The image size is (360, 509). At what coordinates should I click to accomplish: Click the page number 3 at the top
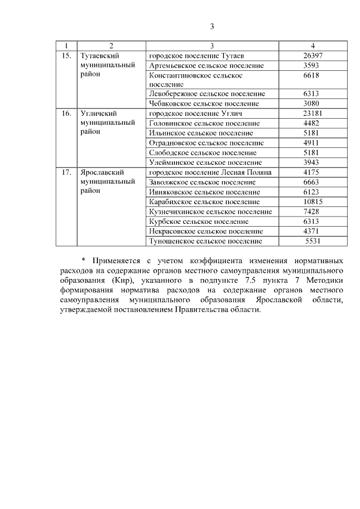pyautogui.click(x=211, y=26)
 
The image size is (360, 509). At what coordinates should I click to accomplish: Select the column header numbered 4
pyautogui.click(x=312, y=46)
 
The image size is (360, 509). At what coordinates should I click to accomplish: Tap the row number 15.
pyautogui.click(x=66, y=56)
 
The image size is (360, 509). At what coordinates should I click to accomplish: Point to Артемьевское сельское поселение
pyautogui.click(x=206, y=65)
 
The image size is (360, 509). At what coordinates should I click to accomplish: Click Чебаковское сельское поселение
pyautogui.click(x=204, y=103)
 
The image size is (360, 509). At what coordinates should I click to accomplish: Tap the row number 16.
pyautogui.click(x=66, y=113)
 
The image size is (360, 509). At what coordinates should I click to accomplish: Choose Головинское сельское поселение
pyautogui.click(x=205, y=123)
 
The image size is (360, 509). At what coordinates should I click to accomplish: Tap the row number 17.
pyautogui.click(x=66, y=172)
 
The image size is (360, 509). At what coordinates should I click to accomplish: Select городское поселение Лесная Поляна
pyautogui.click(x=210, y=172)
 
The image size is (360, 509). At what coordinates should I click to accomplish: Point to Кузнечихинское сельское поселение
pyautogui.click(x=210, y=211)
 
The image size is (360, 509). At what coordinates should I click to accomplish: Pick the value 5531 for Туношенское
pyautogui.click(x=313, y=241)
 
